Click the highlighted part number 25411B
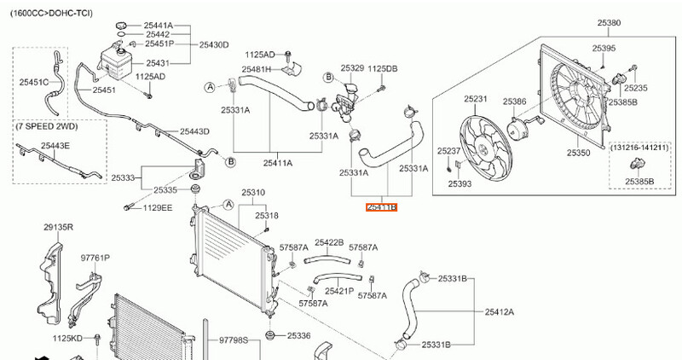pyautogui.click(x=381, y=207)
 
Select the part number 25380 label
pyautogui.click(x=609, y=23)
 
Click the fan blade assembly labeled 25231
pyautogui.click(x=483, y=148)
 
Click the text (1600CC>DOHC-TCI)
pyautogui.click(x=51, y=13)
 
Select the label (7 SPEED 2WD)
pyautogui.click(x=47, y=126)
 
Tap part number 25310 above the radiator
pyautogui.click(x=253, y=193)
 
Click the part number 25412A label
pyautogui.click(x=500, y=311)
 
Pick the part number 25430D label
pyautogui.click(x=214, y=44)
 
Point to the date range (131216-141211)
pyautogui.click(x=639, y=148)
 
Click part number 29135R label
pyautogui.click(x=58, y=227)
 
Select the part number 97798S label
pyautogui.click(x=233, y=340)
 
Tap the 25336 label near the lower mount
pyautogui.click(x=299, y=335)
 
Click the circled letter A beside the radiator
pyautogui.click(x=228, y=205)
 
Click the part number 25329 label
pyautogui.click(x=352, y=68)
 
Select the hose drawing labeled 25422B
pyautogui.click(x=327, y=261)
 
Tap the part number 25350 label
pyautogui.click(x=579, y=153)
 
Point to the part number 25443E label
pyautogui.click(x=55, y=145)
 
